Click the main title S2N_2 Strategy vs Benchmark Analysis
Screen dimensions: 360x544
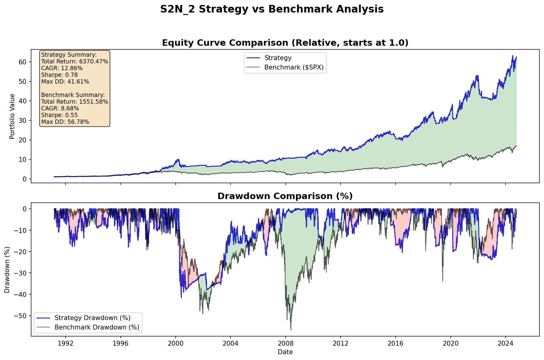click(272, 9)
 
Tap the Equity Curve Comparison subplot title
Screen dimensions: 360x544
click(285, 43)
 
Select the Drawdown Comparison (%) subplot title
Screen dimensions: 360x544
click(285, 196)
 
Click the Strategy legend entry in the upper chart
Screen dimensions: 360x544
click(278, 58)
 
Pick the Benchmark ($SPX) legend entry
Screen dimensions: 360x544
click(294, 67)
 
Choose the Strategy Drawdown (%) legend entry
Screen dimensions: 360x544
click(92, 318)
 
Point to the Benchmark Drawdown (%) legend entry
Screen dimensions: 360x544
click(97, 327)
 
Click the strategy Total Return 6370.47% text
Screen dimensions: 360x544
click(74, 61)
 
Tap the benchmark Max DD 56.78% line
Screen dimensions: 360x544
click(65, 122)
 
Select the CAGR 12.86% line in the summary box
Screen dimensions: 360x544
click(62, 68)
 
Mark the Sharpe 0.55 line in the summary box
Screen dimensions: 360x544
click(59, 115)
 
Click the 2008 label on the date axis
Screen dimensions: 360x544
click(285, 343)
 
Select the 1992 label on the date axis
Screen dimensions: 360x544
click(66, 343)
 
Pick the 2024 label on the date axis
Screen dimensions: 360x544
click(505, 343)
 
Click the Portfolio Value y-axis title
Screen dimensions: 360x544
click(12, 116)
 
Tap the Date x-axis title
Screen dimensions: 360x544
click(285, 352)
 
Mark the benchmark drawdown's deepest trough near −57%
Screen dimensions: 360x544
click(291, 330)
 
